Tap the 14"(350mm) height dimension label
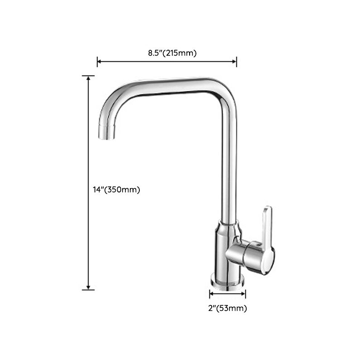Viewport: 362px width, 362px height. coord(114,190)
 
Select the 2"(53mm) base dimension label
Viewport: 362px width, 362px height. coord(227,309)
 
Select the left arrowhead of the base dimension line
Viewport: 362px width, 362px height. coord(211,294)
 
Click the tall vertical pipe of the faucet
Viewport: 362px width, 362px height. coord(228,158)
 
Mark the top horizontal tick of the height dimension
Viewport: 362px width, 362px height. coord(88,76)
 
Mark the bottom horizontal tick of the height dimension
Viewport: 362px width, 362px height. coord(88,289)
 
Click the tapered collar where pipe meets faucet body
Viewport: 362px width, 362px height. coord(228,226)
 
